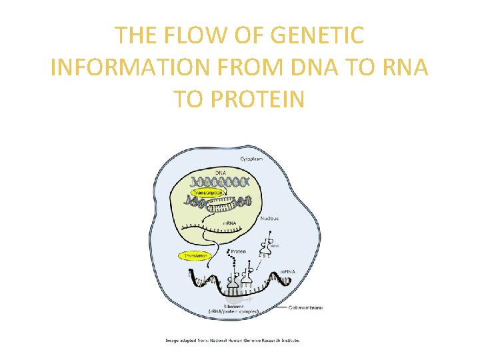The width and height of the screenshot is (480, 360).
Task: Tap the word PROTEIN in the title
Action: point(257,99)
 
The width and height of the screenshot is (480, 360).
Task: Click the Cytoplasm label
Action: point(251,159)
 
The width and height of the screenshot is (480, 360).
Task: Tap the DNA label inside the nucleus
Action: point(220,173)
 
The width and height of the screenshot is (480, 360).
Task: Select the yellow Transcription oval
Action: point(207,192)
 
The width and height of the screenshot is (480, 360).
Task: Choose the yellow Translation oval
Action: point(194,255)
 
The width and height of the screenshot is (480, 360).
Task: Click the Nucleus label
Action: point(269,218)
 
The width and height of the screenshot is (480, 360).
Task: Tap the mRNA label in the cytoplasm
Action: point(287,272)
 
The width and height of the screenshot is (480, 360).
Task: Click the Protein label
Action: point(239,251)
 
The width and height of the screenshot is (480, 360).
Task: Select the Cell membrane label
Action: point(307,307)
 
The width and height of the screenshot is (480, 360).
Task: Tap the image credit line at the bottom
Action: point(233,340)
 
